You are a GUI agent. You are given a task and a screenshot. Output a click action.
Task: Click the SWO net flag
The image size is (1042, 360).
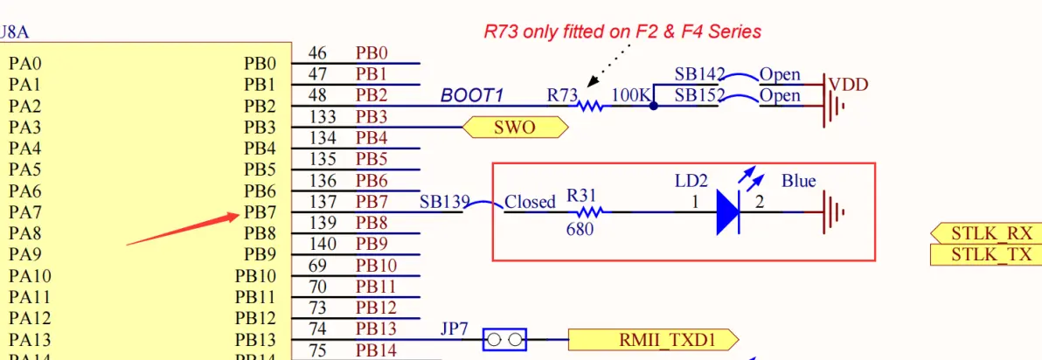click(515, 128)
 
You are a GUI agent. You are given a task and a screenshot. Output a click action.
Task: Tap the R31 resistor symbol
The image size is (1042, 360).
click(591, 212)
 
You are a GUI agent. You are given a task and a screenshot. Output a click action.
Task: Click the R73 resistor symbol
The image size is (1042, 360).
click(591, 106)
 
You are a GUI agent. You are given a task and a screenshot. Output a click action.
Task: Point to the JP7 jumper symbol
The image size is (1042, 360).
click(504, 339)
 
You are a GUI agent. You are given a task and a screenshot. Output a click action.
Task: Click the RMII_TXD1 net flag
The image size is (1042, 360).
click(653, 339)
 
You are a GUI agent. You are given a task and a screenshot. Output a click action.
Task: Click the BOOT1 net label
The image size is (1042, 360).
click(472, 95)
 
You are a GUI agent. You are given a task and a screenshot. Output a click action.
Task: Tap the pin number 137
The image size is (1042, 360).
click(323, 202)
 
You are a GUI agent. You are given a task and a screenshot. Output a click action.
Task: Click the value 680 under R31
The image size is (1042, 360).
click(580, 230)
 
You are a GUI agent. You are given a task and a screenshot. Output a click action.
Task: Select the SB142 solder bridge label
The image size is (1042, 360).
click(700, 74)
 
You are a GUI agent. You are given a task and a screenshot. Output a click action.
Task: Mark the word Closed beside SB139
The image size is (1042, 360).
click(530, 202)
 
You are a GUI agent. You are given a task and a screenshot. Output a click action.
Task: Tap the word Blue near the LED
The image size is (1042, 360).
click(798, 181)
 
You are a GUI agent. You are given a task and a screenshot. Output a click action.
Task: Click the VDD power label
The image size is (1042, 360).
click(848, 85)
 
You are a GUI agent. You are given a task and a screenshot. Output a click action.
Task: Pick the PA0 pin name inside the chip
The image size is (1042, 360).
click(24, 64)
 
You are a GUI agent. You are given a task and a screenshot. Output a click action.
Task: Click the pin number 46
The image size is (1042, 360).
click(317, 53)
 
